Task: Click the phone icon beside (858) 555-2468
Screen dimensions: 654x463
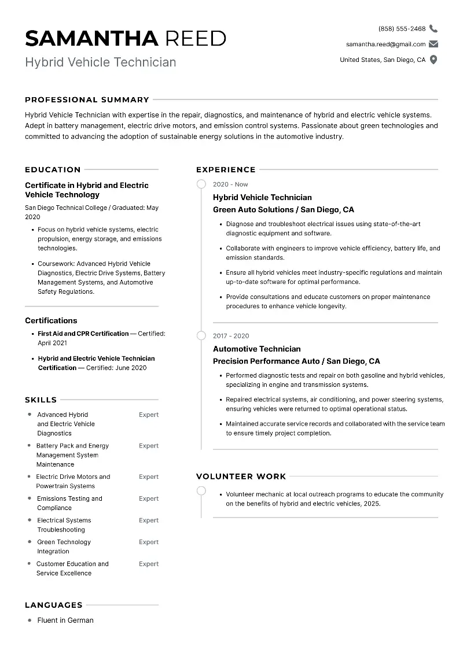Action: point(433,28)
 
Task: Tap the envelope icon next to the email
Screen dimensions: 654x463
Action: point(433,44)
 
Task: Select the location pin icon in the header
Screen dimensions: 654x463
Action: point(433,60)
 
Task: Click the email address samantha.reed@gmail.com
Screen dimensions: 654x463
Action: point(385,44)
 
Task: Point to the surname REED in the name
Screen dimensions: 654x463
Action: point(195,38)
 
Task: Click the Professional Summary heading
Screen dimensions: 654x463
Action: point(87,99)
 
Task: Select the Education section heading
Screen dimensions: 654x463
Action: point(53,169)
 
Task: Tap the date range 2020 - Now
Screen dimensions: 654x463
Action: point(230,184)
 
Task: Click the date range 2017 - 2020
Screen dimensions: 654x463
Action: point(231,336)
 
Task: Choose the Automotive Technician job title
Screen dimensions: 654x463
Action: point(256,349)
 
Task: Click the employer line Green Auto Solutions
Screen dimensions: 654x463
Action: point(283,209)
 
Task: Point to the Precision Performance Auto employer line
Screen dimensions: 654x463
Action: point(296,361)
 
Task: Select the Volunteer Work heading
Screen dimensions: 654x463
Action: point(241,476)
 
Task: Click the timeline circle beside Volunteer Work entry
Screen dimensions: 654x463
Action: point(201,491)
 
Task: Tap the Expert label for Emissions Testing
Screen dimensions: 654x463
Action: point(148,498)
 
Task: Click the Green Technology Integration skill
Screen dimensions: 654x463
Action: point(64,546)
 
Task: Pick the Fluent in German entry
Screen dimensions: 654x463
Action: point(65,620)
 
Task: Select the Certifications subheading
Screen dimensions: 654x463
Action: point(51,320)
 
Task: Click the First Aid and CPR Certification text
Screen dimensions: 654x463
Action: point(83,334)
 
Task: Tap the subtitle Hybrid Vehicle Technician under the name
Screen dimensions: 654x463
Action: point(100,62)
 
